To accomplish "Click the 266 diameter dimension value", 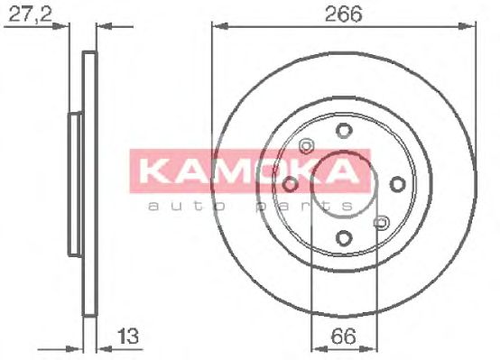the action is click(344, 14).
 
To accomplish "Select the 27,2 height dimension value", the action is click(31, 14).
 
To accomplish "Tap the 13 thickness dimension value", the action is click(128, 336).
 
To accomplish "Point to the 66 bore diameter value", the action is click(344, 336).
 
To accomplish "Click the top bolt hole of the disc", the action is click(345, 131).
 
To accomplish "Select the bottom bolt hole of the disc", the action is click(345, 238).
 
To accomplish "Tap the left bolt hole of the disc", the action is click(291, 184).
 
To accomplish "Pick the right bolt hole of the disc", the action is click(398, 184).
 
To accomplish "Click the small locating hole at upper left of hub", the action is click(307, 146).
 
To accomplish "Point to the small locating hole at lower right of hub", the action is click(382, 222).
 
